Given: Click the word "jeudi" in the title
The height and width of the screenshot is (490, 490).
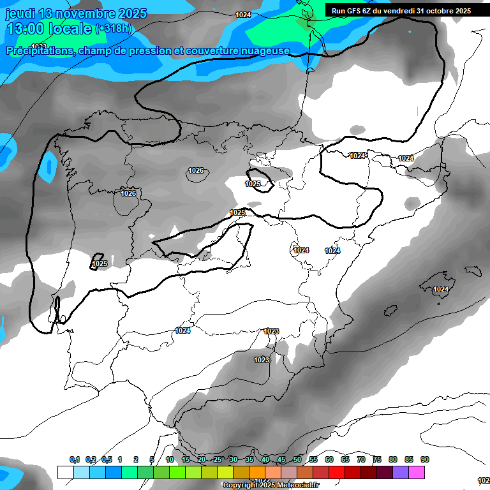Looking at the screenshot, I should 20,13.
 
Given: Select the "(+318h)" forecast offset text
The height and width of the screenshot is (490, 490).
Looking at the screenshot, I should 114,29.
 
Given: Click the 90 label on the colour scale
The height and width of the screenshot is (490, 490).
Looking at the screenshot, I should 425,459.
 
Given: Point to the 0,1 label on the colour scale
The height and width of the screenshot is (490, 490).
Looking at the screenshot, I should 75,459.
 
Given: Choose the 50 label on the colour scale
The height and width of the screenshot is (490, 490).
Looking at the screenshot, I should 297,459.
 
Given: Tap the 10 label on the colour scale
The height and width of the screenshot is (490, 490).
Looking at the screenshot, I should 170,459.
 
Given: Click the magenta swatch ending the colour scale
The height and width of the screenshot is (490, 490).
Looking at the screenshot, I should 417,472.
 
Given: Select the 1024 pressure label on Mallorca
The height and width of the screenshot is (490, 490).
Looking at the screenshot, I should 441,289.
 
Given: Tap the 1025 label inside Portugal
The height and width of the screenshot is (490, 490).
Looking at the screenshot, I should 100,263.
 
